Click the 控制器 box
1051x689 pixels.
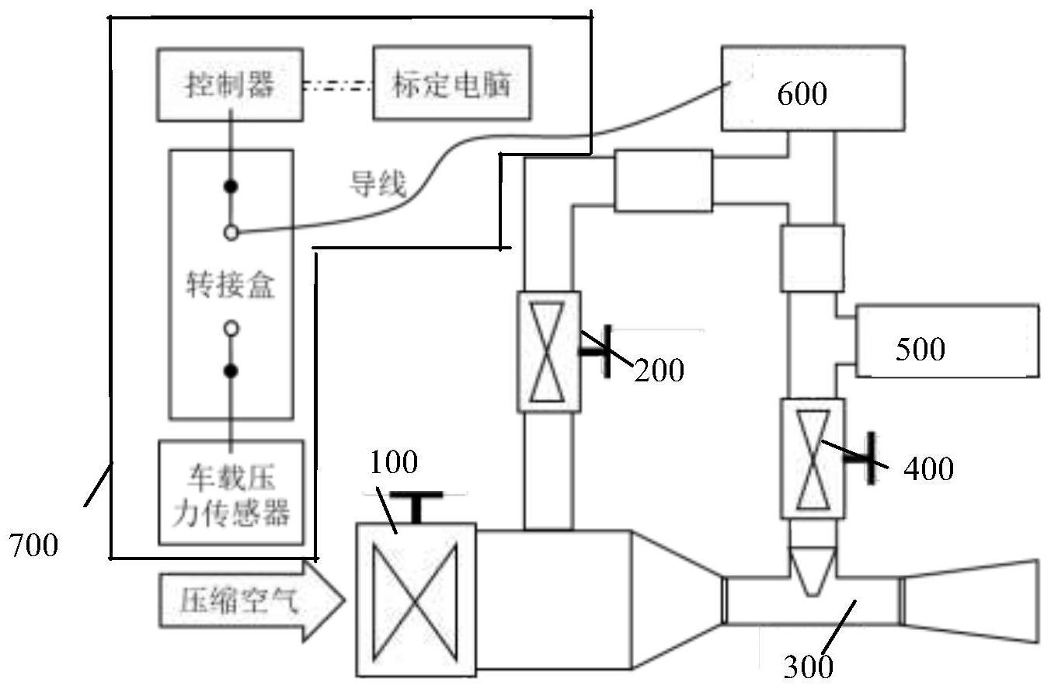coord(229,84)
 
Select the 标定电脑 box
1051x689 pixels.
coord(452,83)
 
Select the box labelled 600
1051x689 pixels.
coord(812,88)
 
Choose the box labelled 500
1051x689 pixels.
coord(946,342)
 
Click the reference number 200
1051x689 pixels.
coord(659,371)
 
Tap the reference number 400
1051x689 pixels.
coord(928,468)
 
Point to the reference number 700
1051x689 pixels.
coord(33,546)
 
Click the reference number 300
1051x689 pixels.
coord(808,666)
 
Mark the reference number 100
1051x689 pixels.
coord(393,463)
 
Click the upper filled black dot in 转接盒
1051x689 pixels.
coord(231,186)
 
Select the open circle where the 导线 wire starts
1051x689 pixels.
coord(231,231)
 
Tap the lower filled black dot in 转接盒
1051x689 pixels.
coord(231,371)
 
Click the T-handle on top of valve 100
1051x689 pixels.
coord(417,505)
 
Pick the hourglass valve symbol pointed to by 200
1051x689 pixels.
coord(548,351)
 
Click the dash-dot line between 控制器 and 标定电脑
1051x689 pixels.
coord(338,85)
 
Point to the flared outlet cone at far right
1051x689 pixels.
coord(971,601)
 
